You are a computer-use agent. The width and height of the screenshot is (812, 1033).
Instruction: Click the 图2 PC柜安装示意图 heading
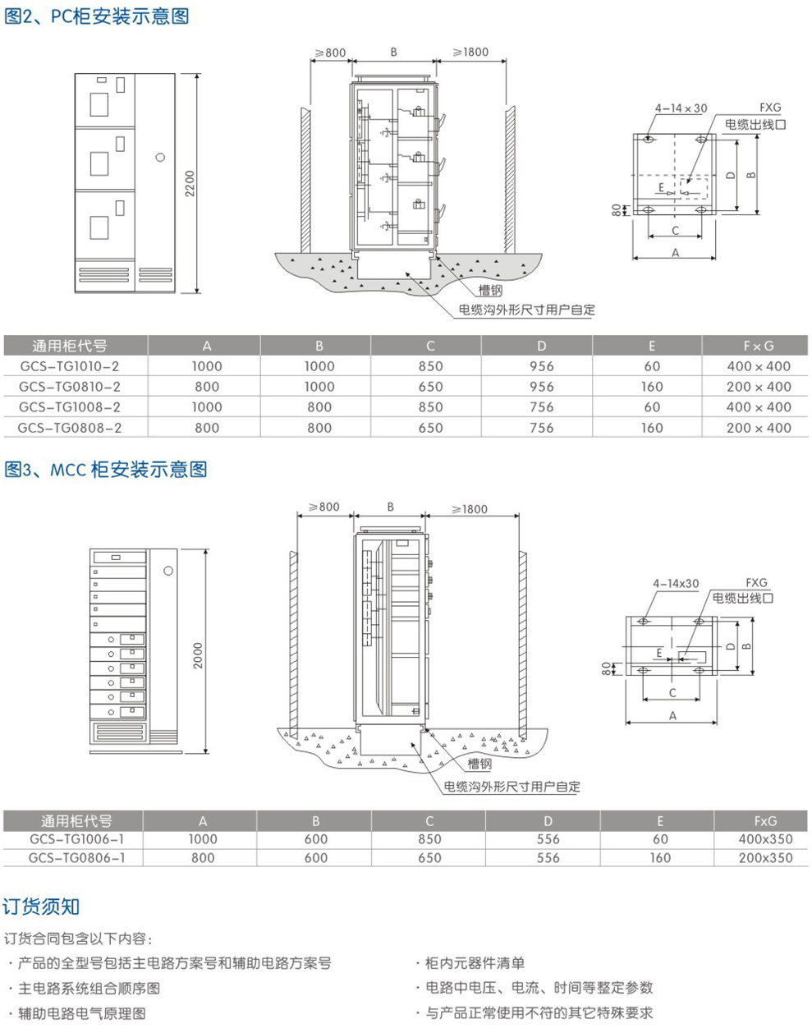pyautogui.click(x=97, y=16)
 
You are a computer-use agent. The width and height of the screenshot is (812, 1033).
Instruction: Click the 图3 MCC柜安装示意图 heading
pyautogui.click(x=106, y=470)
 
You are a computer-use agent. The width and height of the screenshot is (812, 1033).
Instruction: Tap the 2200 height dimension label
pyautogui.click(x=190, y=183)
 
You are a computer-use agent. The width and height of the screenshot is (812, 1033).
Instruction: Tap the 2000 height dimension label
pyautogui.click(x=197, y=654)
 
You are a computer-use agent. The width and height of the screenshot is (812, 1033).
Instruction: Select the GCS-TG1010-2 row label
pyautogui.click(x=69, y=366)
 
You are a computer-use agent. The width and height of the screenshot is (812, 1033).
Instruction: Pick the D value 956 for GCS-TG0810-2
pyautogui.click(x=541, y=387)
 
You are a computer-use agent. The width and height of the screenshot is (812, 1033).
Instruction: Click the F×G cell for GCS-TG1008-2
pyautogui.click(x=758, y=407)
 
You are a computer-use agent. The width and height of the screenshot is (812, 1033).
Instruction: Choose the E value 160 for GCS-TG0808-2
pyautogui.click(x=651, y=428)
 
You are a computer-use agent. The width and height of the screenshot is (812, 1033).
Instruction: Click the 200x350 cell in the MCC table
pyautogui.click(x=765, y=858)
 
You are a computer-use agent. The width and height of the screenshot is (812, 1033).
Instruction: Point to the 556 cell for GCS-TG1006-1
pyautogui.click(x=548, y=839)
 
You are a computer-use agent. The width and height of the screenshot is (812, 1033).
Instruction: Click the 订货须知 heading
pyautogui.click(x=41, y=907)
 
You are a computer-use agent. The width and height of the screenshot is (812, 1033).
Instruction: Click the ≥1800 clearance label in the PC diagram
pyautogui.click(x=470, y=53)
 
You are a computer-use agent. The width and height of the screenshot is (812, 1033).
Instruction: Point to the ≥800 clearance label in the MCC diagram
pyautogui.click(x=323, y=507)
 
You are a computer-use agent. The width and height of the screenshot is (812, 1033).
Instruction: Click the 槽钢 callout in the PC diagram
pyautogui.click(x=489, y=290)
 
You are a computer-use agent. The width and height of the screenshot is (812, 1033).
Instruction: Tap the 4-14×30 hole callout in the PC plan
pyautogui.click(x=681, y=108)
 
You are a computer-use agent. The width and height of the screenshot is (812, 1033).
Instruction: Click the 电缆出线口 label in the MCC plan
pyautogui.click(x=742, y=599)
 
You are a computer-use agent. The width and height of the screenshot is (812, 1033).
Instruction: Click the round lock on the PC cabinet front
pyautogui.click(x=160, y=157)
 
